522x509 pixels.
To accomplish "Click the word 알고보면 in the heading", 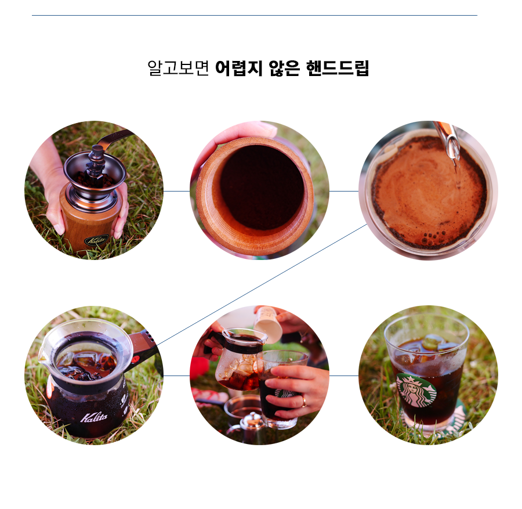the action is tap(179, 68).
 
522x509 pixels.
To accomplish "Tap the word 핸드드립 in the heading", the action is tap(338, 68).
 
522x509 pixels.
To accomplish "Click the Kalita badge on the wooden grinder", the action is tap(96, 240).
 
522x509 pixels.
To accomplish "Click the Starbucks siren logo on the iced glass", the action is tap(416, 390).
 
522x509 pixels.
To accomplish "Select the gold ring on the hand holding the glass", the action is tap(303, 402).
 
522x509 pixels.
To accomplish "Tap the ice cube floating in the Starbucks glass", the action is tap(432, 342).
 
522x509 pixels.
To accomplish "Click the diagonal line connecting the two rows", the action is tap(262, 285).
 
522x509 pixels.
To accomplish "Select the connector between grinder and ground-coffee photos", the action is tap(176, 191).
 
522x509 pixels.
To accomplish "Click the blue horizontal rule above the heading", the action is tap(255, 15).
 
